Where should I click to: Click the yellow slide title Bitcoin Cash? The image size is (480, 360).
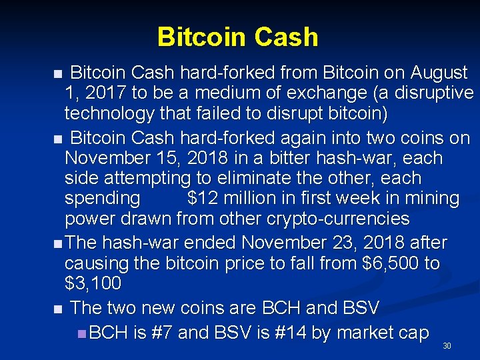click(x=238, y=37)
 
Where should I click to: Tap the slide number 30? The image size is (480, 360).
click(x=447, y=345)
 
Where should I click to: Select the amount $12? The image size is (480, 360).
click(x=202, y=198)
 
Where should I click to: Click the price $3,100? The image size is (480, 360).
click(x=93, y=283)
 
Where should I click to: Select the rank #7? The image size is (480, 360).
click(x=162, y=332)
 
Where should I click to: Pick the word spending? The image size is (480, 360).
click(x=103, y=198)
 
